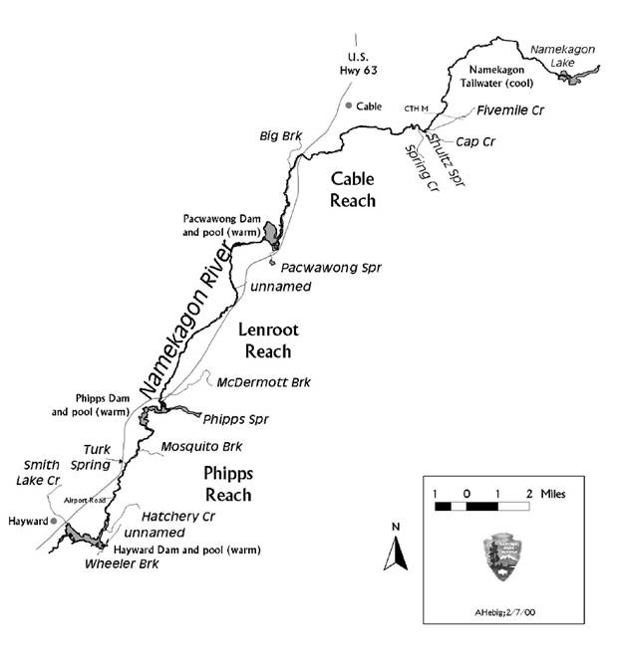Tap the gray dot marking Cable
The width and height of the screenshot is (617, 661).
tap(348, 105)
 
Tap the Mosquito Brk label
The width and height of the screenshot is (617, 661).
tap(202, 447)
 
